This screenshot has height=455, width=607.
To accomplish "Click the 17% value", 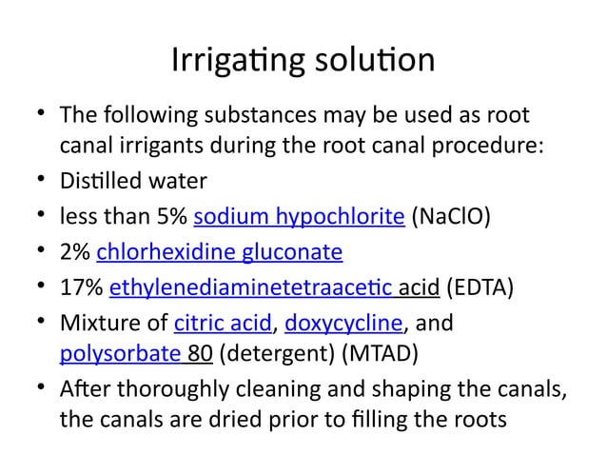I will (x=81, y=286).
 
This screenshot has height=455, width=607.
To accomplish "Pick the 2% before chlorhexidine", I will (x=75, y=250).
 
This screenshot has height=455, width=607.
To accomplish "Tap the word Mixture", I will (x=97, y=321).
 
